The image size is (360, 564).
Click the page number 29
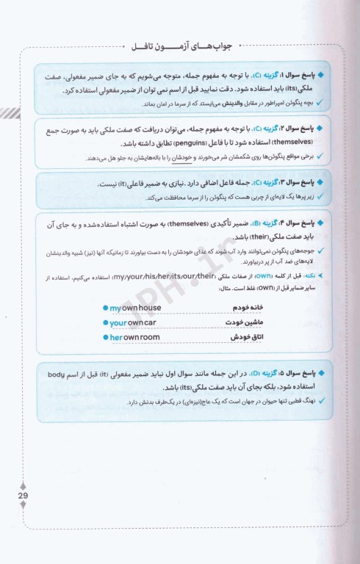[x=22, y=496]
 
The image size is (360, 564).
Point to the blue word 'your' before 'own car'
[x=118, y=322]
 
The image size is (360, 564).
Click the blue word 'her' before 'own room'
[x=115, y=337]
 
